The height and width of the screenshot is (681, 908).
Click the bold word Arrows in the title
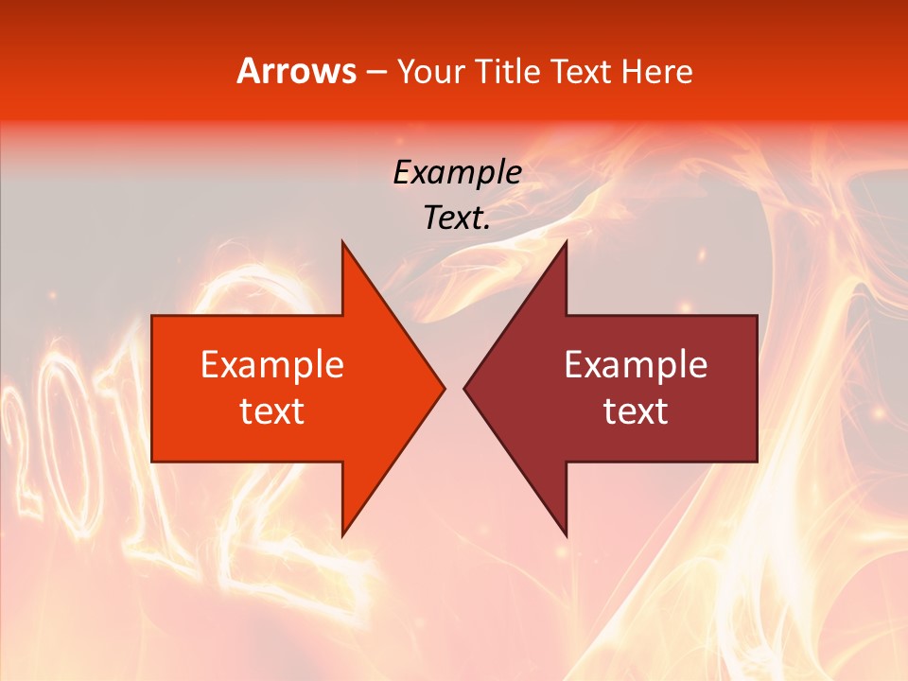[x=296, y=71]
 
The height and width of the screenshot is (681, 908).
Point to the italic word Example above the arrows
[x=458, y=172]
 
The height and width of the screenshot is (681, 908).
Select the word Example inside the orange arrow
[x=272, y=364]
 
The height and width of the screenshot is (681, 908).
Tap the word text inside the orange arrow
[x=272, y=410]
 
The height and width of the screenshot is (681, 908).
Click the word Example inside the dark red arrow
[x=636, y=364]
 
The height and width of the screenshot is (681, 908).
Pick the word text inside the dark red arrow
[x=636, y=410]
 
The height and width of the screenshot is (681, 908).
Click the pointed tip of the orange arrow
[x=443, y=388]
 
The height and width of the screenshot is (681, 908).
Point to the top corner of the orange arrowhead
[x=343, y=243]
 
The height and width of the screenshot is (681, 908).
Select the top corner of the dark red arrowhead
[x=565, y=243]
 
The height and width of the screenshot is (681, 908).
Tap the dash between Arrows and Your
[x=375, y=72]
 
